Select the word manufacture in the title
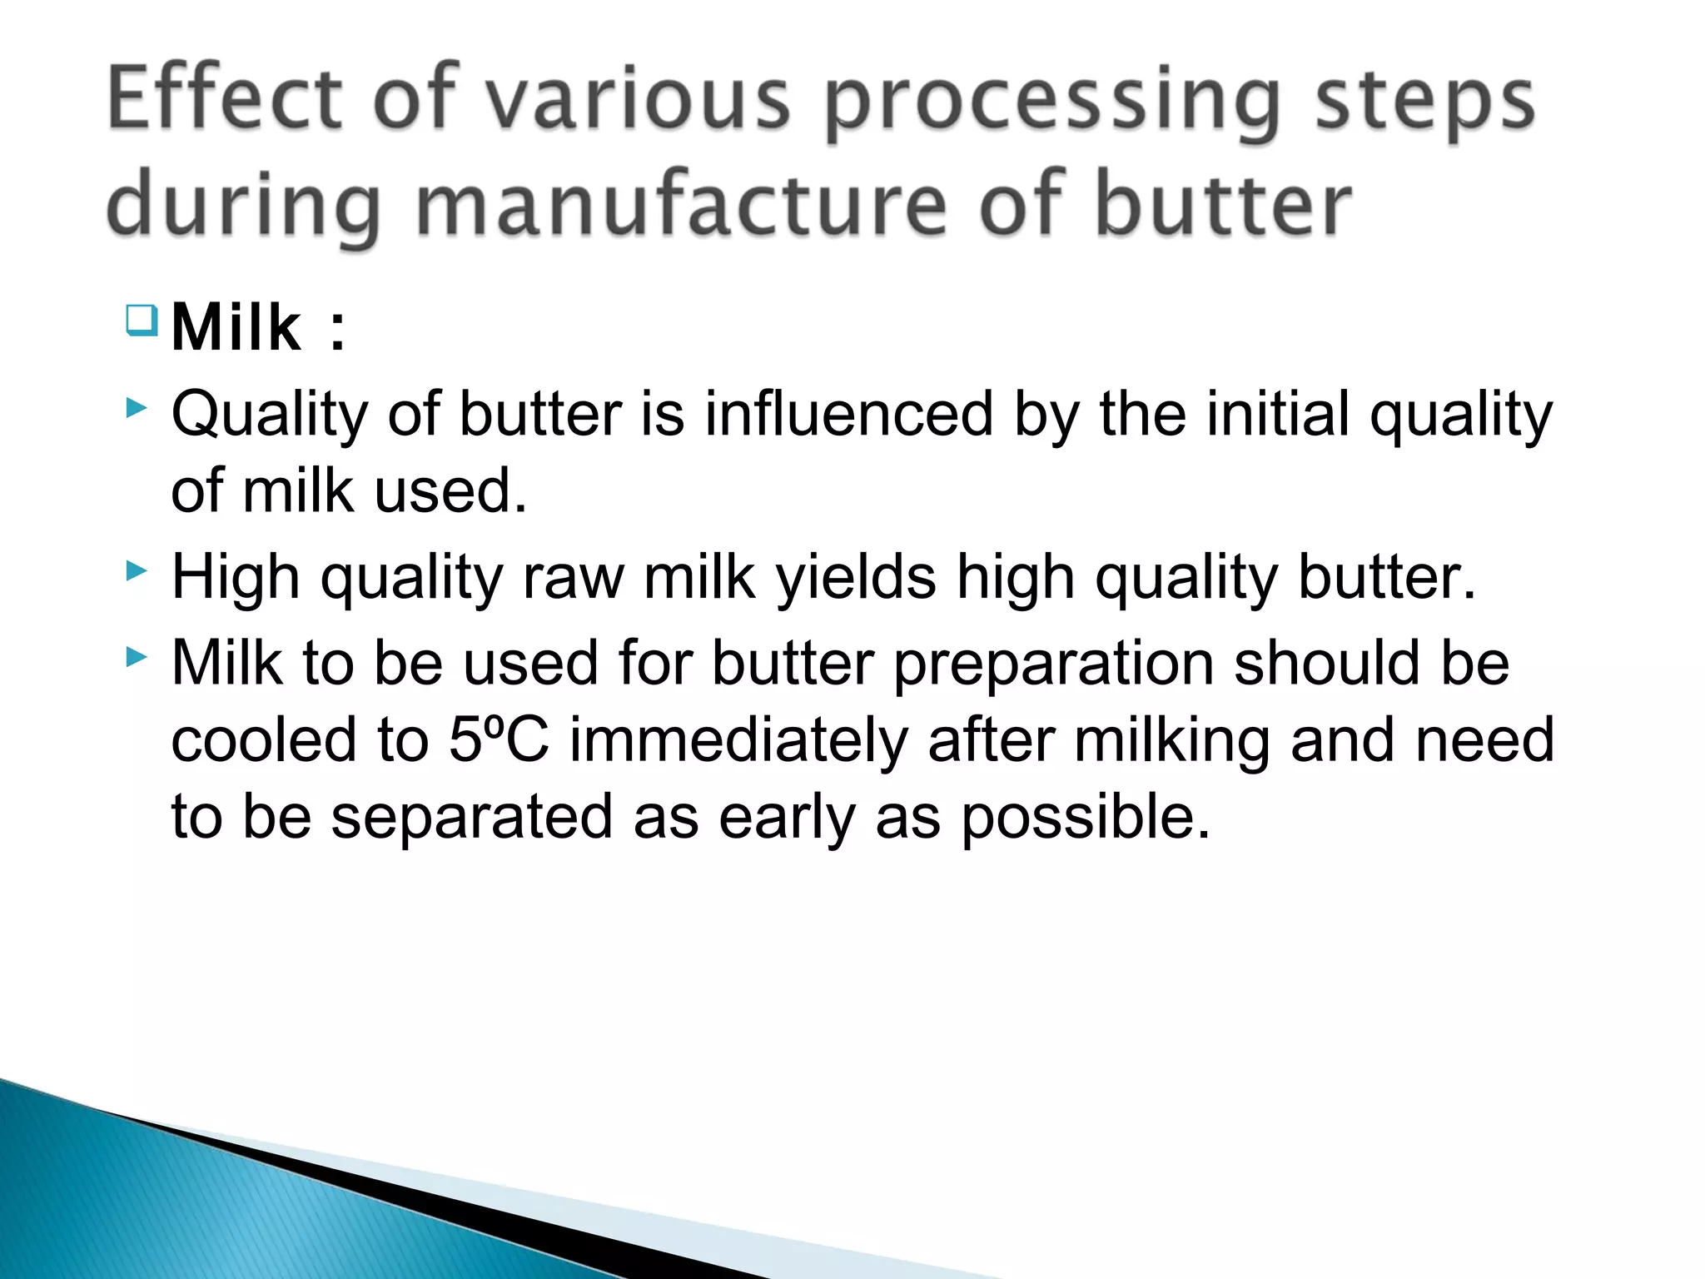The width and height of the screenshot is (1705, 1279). pyautogui.click(x=681, y=204)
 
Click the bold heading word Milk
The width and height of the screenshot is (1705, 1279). pyautogui.click(x=236, y=328)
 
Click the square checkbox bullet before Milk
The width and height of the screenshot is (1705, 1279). pyautogui.click(x=142, y=320)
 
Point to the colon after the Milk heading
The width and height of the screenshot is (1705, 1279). pyautogui.click(x=337, y=331)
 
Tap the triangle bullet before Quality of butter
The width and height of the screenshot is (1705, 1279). pyautogui.click(x=137, y=408)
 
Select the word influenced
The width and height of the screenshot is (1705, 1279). pyautogui.click(x=848, y=414)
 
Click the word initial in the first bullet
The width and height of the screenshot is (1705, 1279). pyautogui.click(x=1278, y=414)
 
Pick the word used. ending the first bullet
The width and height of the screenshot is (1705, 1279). pyautogui.click(x=450, y=491)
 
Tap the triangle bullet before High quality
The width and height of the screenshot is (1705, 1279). pyautogui.click(x=137, y=571)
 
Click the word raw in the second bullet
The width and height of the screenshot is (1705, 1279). pyautogui.click(x=573, y=578)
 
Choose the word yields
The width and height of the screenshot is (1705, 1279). pyautogui.click(x=856, y=578)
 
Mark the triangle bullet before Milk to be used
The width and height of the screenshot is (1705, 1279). pyautogui.click(x=137, y=658)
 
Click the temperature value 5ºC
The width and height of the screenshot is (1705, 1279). pyautogui.click(x=499, y=739)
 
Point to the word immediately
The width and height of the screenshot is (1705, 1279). pyautogui.click(x=738, y=739)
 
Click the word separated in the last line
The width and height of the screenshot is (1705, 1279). pyautogui.click(x=472, y=817)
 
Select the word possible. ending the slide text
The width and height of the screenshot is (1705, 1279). pyautogui.click(x=1085, y=817)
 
